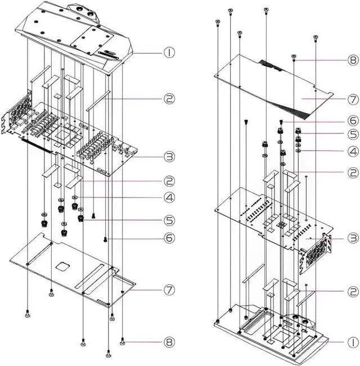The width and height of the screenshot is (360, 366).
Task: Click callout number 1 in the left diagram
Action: [x=169, y=53]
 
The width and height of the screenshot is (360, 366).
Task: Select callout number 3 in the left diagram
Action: [x=169, y=157]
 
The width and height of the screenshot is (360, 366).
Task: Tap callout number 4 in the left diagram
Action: [x=169, y=197]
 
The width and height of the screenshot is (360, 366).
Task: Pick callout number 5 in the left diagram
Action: [x=169, y=220]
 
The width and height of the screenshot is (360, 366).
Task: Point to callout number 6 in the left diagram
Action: [x=169, y=238]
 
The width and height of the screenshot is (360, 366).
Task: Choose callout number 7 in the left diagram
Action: [x=169, y=290]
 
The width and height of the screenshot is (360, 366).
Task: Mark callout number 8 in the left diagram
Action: [x=169, y=342]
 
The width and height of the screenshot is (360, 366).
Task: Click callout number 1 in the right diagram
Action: [x=353, y=342]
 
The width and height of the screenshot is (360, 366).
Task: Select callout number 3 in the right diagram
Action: [x=353, y=238]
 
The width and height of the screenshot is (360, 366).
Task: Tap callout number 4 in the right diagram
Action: [x=353, y=151]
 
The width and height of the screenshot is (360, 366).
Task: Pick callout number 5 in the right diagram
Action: [x=353, y=134]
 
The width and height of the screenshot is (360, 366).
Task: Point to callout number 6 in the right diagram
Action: [x=353, y=121]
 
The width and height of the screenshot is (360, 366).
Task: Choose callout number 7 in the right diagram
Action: [x=353, y=100]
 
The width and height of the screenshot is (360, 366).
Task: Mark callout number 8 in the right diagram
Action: [x=353, y=60]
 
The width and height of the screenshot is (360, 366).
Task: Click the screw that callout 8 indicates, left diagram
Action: [x=123, y=341]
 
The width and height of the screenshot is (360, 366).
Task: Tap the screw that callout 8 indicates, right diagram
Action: [x=294, y=57]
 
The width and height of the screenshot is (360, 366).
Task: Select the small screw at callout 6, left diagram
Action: [x=105, y=239]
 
